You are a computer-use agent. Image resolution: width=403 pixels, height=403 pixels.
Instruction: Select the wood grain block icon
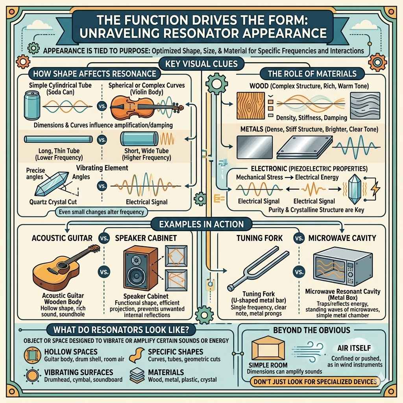coord(251,105)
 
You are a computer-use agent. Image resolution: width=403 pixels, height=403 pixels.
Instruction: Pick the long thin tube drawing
coord(58,139)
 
